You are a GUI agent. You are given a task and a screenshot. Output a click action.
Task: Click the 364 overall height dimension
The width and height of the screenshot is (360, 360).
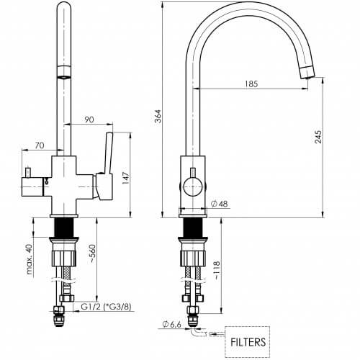tap(158, 116)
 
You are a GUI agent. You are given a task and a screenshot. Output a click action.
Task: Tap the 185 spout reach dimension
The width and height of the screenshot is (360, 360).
tap(251, 84)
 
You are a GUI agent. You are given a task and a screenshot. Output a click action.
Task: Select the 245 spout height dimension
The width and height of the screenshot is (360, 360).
tap(318, 137)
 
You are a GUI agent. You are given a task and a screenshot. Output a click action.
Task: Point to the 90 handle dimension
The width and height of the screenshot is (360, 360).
tap(89, 120)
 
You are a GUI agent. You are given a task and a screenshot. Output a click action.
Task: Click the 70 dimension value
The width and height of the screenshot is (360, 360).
tap(40, 145)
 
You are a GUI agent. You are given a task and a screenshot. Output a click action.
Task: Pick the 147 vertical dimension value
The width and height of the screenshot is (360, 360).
tap(126, 178)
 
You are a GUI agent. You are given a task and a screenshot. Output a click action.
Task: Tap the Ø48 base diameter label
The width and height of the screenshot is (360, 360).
tap(219, 204)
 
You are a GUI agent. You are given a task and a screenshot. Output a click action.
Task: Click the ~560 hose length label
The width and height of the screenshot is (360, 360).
tap(92, 254)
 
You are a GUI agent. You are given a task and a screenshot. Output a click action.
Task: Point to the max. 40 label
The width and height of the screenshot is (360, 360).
tap(29, 259)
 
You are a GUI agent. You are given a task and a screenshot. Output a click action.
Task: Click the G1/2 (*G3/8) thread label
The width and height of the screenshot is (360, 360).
tap(106, 307)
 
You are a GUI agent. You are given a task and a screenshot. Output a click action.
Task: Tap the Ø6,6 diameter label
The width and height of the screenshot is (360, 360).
tap(171, 325)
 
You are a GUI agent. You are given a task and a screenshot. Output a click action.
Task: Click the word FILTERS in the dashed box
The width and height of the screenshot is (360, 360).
tap(248, 342)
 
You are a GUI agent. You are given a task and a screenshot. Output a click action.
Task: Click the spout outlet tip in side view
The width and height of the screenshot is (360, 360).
tap(307, 73)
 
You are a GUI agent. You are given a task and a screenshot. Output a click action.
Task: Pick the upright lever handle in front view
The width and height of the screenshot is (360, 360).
tap(108, 153)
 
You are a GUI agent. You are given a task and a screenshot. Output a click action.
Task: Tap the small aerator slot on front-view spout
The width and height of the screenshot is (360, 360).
tap(63, 77)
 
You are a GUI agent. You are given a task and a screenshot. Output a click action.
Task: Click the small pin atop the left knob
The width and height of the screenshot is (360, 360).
tap(28, 173)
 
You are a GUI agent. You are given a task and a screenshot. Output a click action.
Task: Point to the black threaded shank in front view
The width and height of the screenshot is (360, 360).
tap(64, 228)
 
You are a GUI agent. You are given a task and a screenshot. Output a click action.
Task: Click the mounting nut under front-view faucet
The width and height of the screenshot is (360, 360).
tap(64, 258)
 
